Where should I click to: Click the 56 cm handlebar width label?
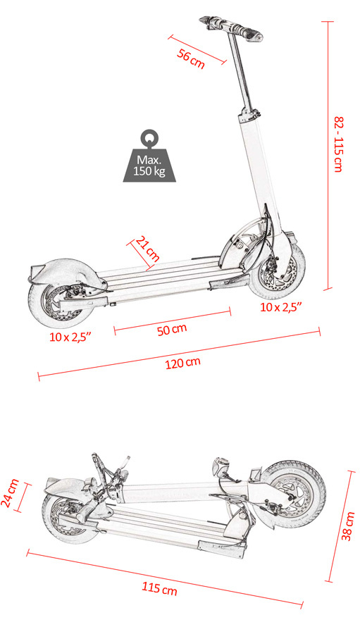191,58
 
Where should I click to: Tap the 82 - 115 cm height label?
338,144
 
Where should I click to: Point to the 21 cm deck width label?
147,249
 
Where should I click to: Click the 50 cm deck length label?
172,330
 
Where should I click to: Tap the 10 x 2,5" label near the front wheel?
281,307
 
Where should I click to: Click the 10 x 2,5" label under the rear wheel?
70,337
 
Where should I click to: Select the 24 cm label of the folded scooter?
10,493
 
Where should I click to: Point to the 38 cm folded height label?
348,526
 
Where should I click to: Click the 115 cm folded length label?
159,588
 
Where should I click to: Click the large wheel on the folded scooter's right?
294,494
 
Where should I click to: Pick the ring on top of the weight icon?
149,137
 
